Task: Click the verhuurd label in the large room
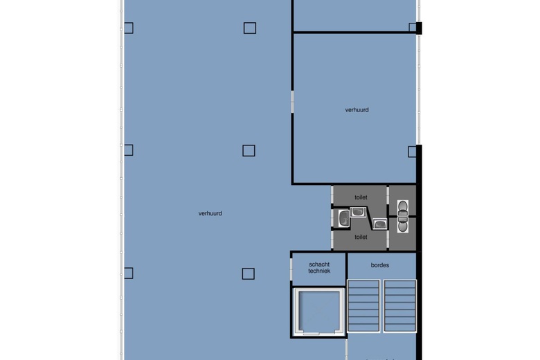(x=210, y=214)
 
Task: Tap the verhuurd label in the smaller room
(x=357, y=110)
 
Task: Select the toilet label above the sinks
(x=361, y=197)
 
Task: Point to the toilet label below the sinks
(x=361, y=237)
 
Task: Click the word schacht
(x=319, y=264)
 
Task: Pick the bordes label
(x=380, y=265)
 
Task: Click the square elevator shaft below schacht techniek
(x=319, y=312)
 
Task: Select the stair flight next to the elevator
(x=363, y=306)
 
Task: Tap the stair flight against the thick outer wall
(x=400, y=306)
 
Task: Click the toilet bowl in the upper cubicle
(x=402, y=208)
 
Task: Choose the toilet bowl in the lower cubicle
(x=402, y=224)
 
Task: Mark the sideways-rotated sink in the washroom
(x=343, y=218)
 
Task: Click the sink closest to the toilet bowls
(x=380, y=224)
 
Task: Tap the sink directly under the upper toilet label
(x=358, y=212)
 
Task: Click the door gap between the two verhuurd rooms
(x=292, y=102)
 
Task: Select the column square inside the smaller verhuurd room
(x=412, y=152)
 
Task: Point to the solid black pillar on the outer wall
(x=419, y=28)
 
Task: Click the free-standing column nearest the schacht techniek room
(x=249, y=274)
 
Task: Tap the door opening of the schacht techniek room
(x=291, y=269)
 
